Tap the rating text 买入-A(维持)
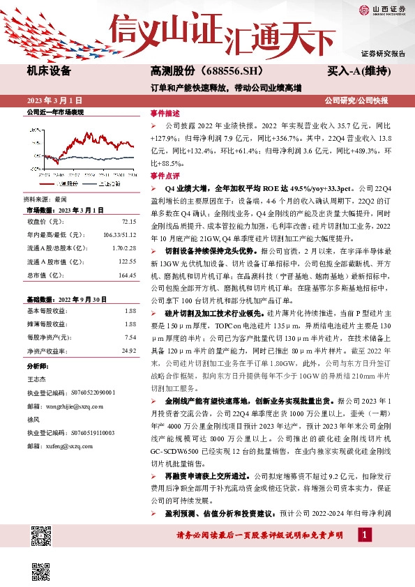tap(358, 71)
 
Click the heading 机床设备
tap(49, 71)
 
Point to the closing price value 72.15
tap(129, 221)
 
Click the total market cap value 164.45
tap(126, 275)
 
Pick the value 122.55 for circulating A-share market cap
tap(126, 261)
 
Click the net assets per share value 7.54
tap(130, 337)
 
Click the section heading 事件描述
tap(165, 112)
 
